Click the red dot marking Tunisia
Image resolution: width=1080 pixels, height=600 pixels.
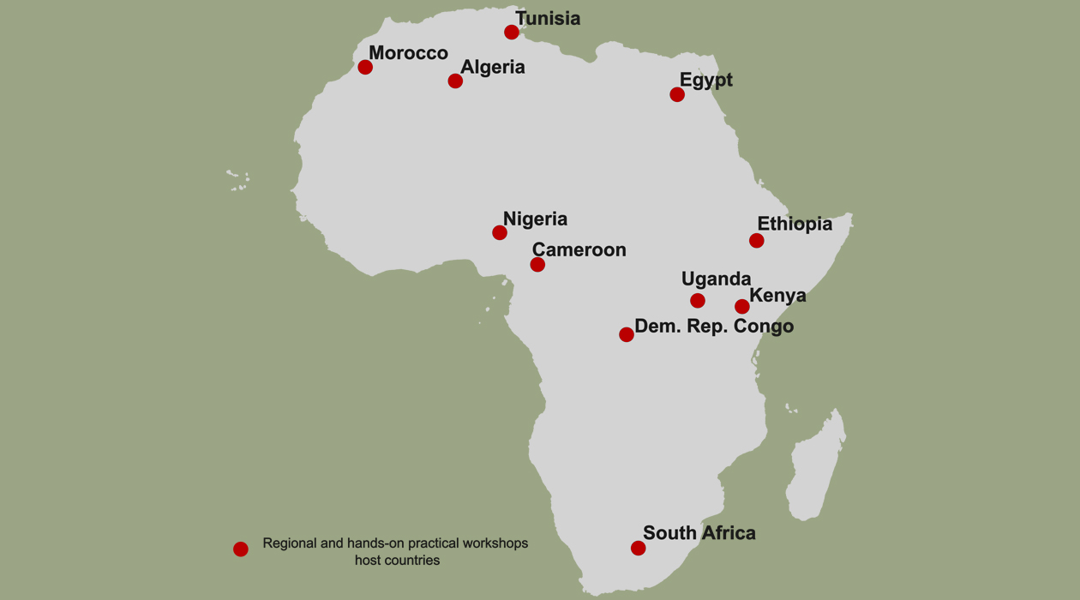pos(512,33)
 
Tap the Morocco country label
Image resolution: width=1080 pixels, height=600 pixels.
pos(408,53)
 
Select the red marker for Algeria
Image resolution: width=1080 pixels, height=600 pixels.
pos(455,81)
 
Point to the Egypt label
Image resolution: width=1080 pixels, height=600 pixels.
pos(705,80)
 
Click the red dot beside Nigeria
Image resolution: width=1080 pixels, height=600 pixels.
pos(500,232)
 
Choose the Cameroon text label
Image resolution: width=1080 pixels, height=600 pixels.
pos(579,249)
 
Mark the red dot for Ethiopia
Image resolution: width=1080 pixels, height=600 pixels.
pos(756,241)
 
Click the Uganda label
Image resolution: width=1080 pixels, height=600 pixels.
pos(716,279)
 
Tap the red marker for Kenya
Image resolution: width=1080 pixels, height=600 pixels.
pos(742,306)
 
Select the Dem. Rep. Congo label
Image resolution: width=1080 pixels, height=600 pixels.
pos(713,327)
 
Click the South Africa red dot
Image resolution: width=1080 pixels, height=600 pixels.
pos(638,549)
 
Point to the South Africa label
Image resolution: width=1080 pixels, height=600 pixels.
pos(699,533)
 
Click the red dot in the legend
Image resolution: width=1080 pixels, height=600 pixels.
pos(241,549)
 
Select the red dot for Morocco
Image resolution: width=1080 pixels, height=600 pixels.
pos(365,68)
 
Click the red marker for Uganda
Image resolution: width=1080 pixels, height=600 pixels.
pos(698,301)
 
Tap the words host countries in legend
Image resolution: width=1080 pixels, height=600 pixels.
pos(397,561)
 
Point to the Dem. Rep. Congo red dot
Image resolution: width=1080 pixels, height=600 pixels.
pos(627,334)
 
